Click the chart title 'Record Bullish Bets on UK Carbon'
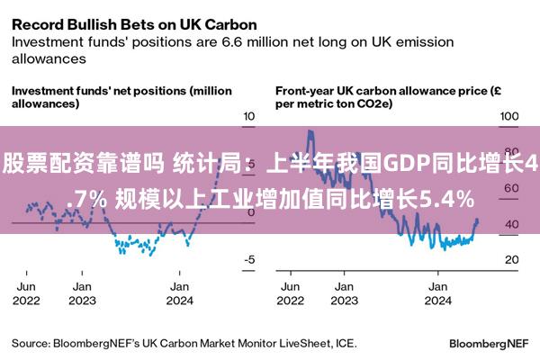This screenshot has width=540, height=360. [134, 25]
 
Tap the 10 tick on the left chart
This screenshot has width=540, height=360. [248, 116]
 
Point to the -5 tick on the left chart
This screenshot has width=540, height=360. [249, 259]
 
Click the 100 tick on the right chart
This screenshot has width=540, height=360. [509, 116]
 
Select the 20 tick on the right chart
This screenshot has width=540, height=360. [512, 259]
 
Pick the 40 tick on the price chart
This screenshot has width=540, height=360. [512, 224]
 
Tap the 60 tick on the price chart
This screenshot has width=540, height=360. [512, 188]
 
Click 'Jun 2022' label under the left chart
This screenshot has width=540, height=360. [26, 293]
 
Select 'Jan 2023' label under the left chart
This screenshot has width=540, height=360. [82, 293]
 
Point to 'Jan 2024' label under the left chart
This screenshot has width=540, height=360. [179, 293]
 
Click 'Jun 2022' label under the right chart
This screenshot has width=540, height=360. [291, 293]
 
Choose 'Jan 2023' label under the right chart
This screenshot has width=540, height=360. [345, 293]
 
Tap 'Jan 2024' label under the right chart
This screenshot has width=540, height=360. [438, 293]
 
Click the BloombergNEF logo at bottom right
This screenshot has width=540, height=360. [489, 344]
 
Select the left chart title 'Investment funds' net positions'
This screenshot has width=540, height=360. [99, 91]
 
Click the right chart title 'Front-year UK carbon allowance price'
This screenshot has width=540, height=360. [382, 91]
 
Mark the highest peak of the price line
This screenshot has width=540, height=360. [310, 131]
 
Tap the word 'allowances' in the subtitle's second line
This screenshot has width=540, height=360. [49, 58]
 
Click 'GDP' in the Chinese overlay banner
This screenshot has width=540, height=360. [406, 163]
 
